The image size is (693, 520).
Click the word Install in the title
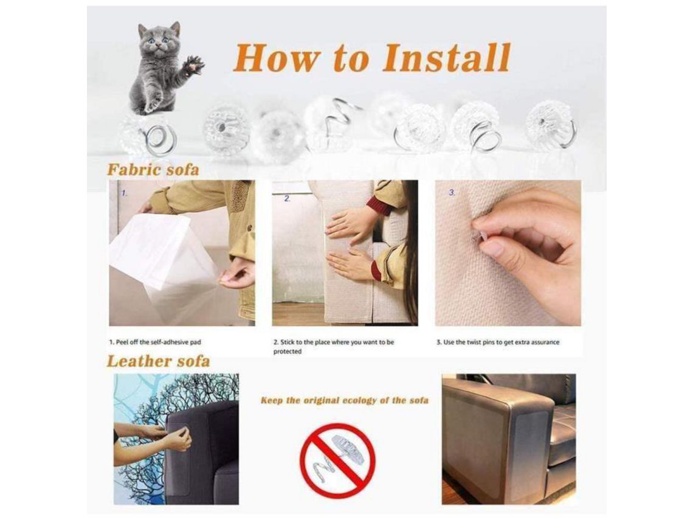(x=446, y=58)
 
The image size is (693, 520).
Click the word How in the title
(x=276, y=58)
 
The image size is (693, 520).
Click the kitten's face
(x=159, y=41)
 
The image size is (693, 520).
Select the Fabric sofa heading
(x=153, y=170)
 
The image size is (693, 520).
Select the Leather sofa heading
(x=158, y=361)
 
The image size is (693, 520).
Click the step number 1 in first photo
(x=125, y=193)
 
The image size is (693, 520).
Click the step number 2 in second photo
(x=288, y=198)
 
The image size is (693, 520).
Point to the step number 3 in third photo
(x=452, y=193)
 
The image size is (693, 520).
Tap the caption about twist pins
(x=498, y=342)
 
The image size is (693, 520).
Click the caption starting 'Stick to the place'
(x=334, y=347)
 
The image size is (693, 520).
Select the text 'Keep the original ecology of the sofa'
(x=345, y=401)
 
